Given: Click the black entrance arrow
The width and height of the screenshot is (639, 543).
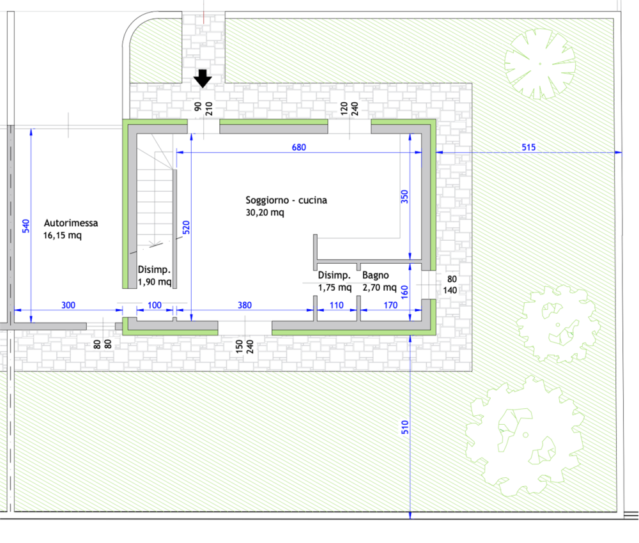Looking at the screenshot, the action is coord(203,78).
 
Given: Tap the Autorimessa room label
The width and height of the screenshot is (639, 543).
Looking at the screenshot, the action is coord(71,223).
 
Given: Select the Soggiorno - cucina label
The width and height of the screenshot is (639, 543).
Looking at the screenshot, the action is coord(286,200).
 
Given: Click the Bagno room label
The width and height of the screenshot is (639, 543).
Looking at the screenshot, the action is coord(375,275).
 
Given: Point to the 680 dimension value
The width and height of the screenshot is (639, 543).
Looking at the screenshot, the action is coord(298,147).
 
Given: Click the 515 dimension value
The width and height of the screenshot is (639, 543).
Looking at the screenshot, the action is coord(528,147).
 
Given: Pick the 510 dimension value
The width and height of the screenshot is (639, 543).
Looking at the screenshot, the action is coord(404,427).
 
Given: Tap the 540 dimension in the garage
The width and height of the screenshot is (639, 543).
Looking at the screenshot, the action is coord(26,226).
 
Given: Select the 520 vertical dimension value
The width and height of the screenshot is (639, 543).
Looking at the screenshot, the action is coord(186,227).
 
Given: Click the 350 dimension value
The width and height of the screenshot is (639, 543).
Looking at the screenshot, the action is coord(404,197).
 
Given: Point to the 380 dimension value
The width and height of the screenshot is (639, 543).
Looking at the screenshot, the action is coord(245,305).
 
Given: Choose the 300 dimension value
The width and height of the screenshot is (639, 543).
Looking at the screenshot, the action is coord(68,305).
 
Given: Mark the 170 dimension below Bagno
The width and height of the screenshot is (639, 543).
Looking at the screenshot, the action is coord(390,305).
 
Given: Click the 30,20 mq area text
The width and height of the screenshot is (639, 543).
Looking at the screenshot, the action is coord(265,213).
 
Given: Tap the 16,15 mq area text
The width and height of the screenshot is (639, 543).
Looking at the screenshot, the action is coord(63,236).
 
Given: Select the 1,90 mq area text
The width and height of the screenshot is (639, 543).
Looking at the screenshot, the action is coord(155,282).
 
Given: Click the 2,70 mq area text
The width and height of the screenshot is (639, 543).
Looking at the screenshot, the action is coord(380,287).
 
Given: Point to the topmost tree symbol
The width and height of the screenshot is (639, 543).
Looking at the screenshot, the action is coord(540,64).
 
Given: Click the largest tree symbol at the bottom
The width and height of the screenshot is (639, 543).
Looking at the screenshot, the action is coord(525,436).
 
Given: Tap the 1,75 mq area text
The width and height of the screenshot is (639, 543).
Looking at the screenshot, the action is coord(335,287).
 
